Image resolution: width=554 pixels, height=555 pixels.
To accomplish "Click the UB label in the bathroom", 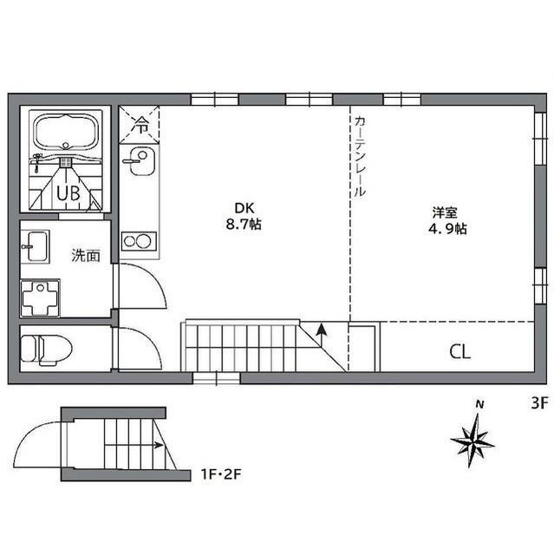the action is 68,193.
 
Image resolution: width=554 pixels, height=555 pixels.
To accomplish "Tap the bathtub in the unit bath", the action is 65,133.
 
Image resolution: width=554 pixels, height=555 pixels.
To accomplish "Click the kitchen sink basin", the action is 141,161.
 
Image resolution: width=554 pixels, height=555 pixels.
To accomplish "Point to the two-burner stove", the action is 139,241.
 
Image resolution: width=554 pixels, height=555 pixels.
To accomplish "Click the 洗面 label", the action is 86,255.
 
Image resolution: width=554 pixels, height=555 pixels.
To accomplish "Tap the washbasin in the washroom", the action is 35,246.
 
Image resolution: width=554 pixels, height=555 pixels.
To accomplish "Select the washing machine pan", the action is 40,298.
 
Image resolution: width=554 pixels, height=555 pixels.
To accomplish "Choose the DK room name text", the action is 244,208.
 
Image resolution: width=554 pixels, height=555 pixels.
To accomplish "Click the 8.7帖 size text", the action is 244,224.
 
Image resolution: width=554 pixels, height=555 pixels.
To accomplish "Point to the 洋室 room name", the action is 445,212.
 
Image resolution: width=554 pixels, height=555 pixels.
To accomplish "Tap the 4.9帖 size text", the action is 447,229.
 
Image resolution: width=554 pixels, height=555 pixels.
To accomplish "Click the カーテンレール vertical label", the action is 360,156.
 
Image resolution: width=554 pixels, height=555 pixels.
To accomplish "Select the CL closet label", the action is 459,352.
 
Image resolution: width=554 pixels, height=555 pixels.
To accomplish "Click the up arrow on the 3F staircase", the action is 322,335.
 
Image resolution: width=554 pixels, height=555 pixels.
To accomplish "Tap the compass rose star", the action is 473,440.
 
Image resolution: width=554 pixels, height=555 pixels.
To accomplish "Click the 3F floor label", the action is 539,402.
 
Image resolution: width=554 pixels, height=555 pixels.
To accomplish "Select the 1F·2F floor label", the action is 221,474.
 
